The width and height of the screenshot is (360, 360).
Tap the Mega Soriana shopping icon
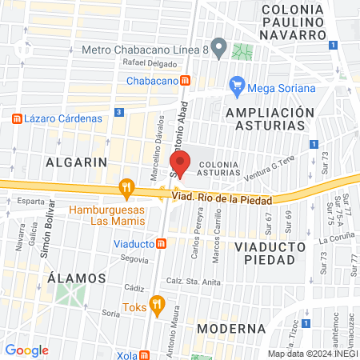point(237,84)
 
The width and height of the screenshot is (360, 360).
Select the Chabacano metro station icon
point(186,81)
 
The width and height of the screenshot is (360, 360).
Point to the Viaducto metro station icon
point(161,243)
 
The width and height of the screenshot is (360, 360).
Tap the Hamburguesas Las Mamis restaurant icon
point(126,190)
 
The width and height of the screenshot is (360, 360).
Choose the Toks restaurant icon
point(157,305)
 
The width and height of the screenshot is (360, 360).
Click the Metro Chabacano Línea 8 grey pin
point(216,45)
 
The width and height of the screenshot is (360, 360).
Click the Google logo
point(26,350)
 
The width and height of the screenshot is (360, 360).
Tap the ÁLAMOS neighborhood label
point(77,278)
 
